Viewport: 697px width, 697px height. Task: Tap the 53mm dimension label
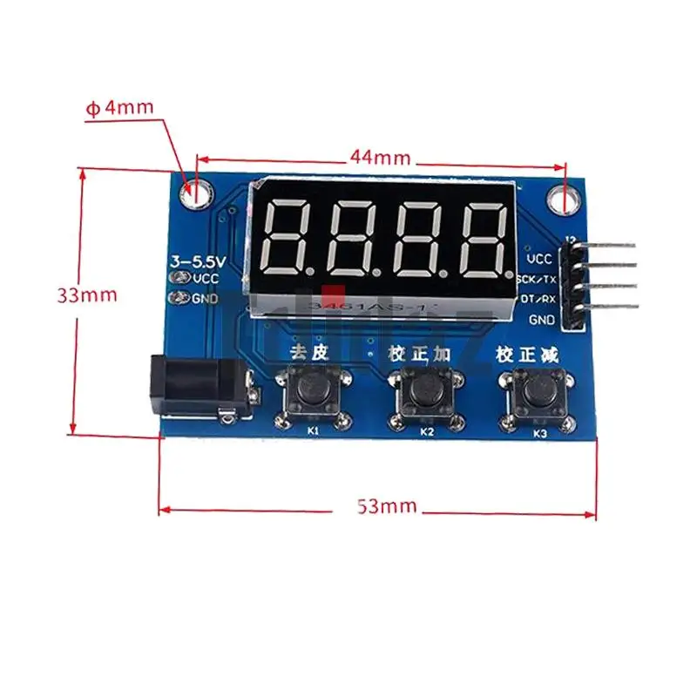[387, 506]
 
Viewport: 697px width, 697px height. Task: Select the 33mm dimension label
[87, 294]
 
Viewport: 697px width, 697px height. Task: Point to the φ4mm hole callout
[118, 108]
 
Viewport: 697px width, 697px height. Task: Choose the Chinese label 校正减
[526, 355]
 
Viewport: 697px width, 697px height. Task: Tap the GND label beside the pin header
[542, 320]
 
